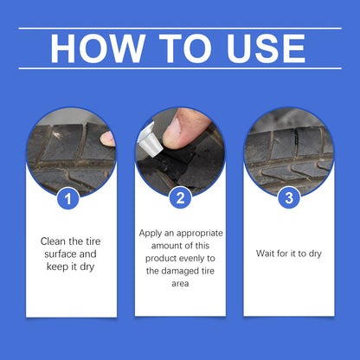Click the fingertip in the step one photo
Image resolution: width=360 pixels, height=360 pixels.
point(108,138)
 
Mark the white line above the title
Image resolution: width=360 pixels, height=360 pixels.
point(180,28)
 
